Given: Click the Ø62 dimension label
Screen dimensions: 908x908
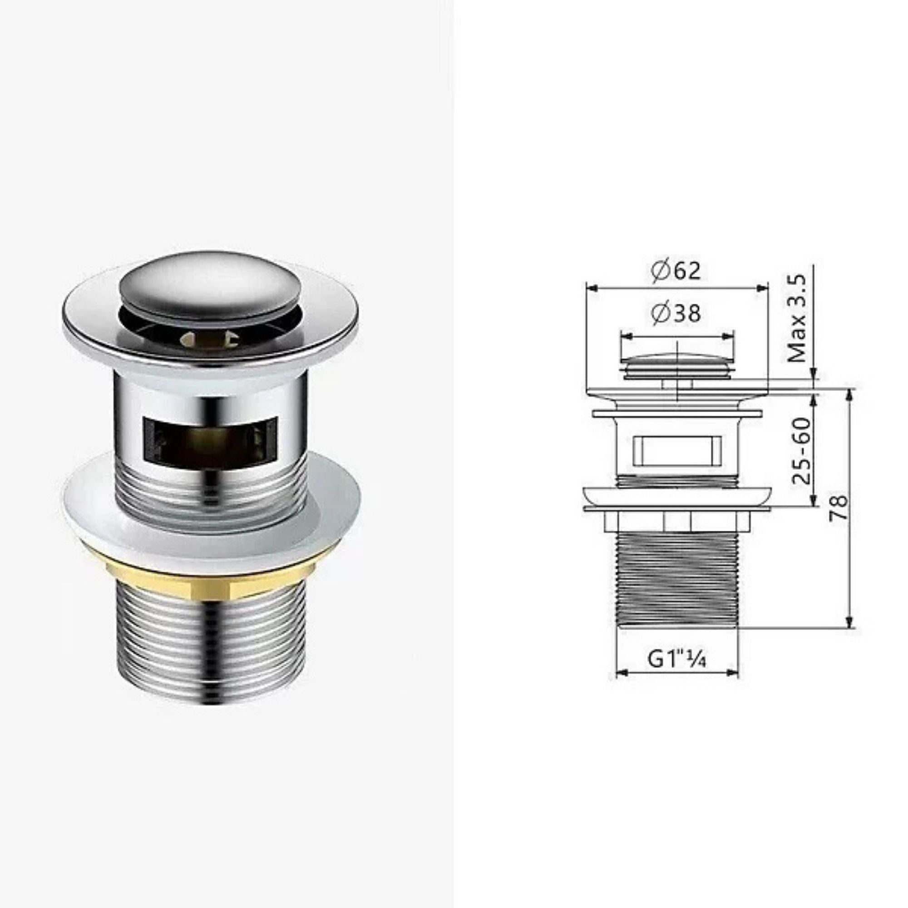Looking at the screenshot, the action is click(x=676, y=271).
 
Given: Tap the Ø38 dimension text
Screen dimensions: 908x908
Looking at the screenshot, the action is click(x=676, y=313).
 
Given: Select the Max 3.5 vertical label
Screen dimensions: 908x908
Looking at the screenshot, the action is click(x=798, y=319).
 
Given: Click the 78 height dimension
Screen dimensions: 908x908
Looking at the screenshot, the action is click(x=839, y=507).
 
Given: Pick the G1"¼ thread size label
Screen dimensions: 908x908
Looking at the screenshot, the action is click(x=677, y=659).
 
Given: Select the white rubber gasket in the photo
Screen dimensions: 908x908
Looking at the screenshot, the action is click(x=211, y=503).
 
